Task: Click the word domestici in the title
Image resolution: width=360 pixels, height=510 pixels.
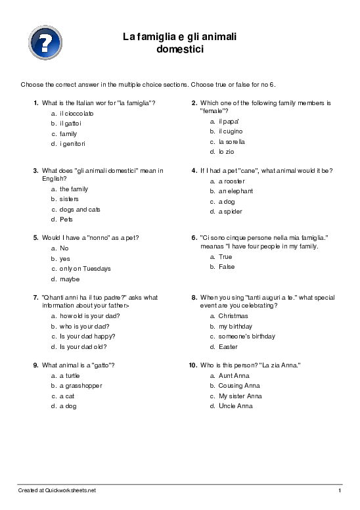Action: [x=181, y=49]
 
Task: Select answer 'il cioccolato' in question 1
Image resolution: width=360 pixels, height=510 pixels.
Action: [x=76, y=114]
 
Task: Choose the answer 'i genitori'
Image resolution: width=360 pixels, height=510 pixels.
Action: [x=72, y=143]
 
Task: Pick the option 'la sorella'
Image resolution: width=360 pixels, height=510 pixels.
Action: [x=232, y=141]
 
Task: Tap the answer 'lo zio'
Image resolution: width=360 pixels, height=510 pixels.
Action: [x=226, y=152]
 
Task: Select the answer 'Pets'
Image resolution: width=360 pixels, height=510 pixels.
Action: [x=66, y=220]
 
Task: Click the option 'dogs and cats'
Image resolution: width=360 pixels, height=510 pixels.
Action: [x=79, y=210]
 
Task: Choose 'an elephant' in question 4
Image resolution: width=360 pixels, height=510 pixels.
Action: [x=235, y=191]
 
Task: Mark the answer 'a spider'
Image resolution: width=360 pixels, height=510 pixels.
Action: [x=230, y=212]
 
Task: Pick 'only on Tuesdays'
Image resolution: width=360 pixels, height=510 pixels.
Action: [x=85, y=269]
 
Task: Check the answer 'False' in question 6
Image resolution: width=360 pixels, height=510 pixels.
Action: [x=226, y=267]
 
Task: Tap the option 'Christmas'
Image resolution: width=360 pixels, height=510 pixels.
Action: [x=233, y=316]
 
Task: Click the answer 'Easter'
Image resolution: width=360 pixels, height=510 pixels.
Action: [x=228, y=346]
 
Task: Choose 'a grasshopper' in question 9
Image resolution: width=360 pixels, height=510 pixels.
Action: [x=81, y=386]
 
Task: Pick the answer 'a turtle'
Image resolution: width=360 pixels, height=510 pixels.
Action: [x=70, y=375]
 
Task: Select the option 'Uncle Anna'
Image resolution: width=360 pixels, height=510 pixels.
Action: [x=235, y=406]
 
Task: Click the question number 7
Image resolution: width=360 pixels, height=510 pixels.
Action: [x=35, y=297]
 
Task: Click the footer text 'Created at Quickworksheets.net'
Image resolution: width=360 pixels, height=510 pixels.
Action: [x=56, y=490]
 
